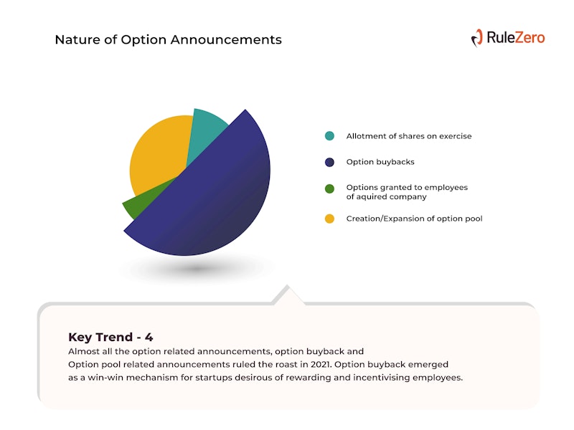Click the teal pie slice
(x=206, y=132)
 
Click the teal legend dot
(x=329, y=136)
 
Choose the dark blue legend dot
(x=329, y=162)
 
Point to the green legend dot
(x=329, y=188)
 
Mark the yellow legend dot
(x=329, y=219)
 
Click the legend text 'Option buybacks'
(x=380, y=162)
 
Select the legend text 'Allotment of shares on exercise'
(x=409, y=136)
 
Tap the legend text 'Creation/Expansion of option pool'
(x=415, y=219)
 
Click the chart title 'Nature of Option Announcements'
(x=169, y=39)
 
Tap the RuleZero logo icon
(x=477, y=38)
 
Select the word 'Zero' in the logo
(x=530, y=38)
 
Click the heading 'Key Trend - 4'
(x=110, y=337)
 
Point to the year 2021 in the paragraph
(x=321, y=365)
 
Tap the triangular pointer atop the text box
(x=288, y=295)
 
